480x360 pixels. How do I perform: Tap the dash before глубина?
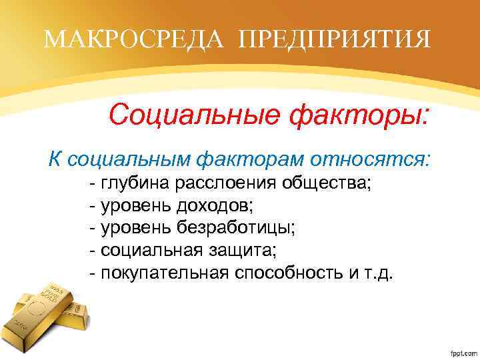coord(93,183)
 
